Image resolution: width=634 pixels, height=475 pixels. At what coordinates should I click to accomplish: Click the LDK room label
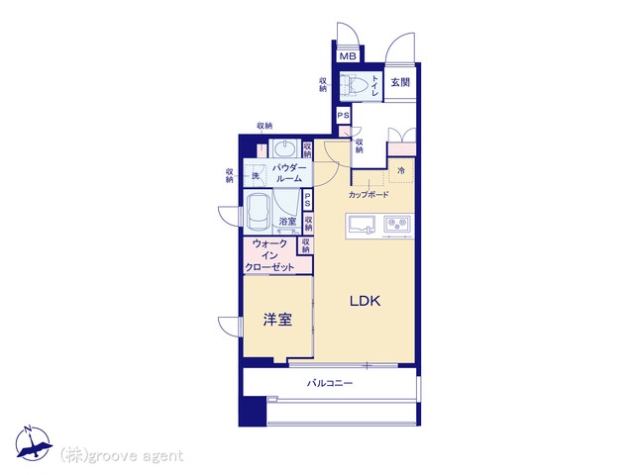pos(365,301)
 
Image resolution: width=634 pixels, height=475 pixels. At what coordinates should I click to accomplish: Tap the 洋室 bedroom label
pos(277,320)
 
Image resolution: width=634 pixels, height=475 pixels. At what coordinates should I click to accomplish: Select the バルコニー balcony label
pos(330,383)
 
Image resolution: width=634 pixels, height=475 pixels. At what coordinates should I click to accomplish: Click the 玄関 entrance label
pos(400,82)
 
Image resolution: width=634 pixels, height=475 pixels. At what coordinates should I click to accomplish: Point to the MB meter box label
pos(348,56)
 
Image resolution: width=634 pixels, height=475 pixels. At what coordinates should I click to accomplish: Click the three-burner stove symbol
pos(397,225)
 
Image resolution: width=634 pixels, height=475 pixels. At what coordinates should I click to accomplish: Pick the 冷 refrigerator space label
pos(401,170)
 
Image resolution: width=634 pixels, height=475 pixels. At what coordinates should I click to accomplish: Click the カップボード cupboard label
pos(369,195)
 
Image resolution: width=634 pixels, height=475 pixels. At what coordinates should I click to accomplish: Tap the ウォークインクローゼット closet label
pos(269,255)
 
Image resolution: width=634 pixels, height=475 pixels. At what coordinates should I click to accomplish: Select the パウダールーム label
pos(288,173)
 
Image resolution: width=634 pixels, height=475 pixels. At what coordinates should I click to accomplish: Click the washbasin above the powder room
pos(285,148)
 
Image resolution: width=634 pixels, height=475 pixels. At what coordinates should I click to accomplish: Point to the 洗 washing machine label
pos(256,176)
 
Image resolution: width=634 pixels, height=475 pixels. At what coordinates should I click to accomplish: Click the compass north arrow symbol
pos(33,442)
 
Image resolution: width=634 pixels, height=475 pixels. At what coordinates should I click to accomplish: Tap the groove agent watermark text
pos(121,455)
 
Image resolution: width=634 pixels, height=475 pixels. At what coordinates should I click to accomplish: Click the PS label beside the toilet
pos(344,116)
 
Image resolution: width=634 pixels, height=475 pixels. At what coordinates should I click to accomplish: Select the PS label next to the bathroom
pos(307,199)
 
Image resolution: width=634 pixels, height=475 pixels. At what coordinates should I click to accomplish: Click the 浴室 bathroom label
pos(287,222)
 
